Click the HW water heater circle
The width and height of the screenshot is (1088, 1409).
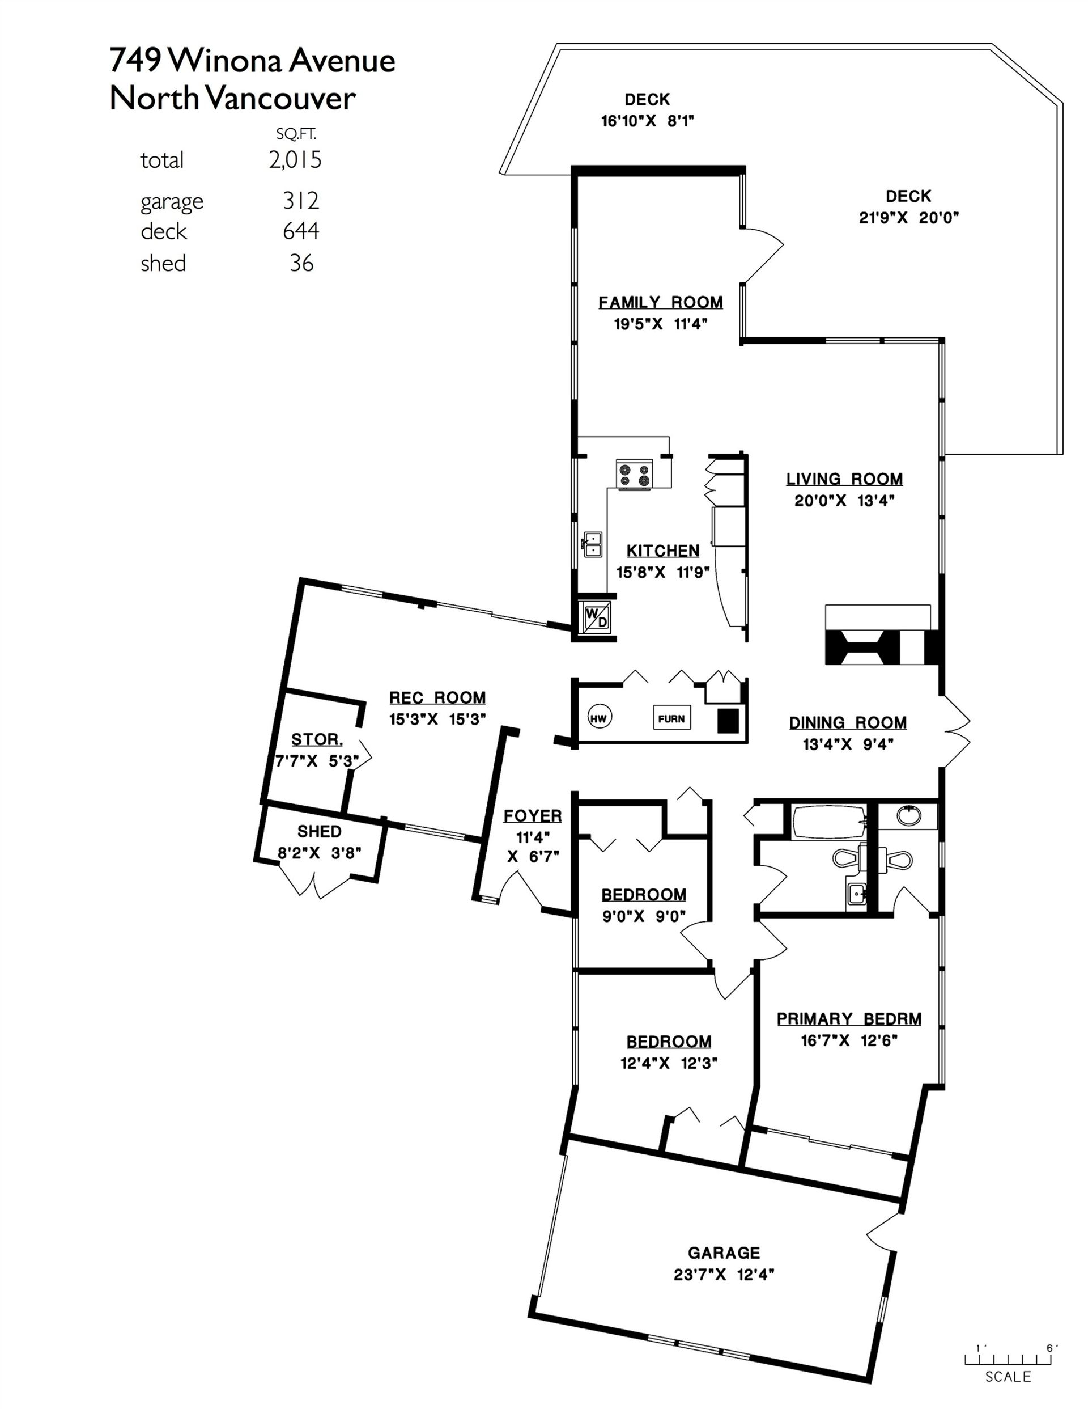click(599, 717)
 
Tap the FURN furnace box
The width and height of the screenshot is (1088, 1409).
click(671, 718)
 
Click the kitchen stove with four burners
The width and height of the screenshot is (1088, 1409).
click(635, 475)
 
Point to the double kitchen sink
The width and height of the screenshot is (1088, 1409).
click(593, 544)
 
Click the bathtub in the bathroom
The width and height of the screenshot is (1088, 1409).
click(826, 822)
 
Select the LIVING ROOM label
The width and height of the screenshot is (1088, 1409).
click(844, 479)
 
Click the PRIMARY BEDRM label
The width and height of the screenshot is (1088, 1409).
click(849, 1019)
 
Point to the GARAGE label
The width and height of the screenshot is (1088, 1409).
click(724, 1253)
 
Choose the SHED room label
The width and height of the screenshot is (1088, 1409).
click(319, 832)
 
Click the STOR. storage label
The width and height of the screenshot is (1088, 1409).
click(317, 739)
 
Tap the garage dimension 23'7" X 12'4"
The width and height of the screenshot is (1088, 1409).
click(724, 1275)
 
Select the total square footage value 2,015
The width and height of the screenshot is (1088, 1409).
click(295, 159)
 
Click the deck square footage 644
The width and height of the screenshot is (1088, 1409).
click(300, 230)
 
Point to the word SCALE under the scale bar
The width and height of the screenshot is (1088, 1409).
click(1008, 1377)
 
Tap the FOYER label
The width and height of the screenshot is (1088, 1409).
click(533, 816)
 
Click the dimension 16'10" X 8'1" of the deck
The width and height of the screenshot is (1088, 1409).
click(647, 121)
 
